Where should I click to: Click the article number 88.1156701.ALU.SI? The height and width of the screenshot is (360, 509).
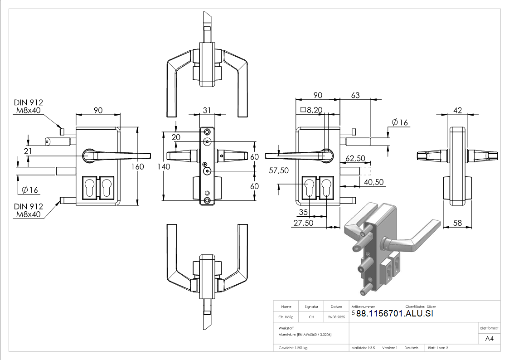[395, 314]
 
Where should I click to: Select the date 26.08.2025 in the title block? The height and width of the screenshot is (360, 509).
[336, 317]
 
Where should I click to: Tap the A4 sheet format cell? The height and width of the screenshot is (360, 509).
[489, 339]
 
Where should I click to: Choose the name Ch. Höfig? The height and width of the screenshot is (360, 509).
[286, 317]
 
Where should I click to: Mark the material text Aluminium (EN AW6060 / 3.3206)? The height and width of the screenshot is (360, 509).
[302, 334]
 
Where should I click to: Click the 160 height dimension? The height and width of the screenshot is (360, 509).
[138, 166]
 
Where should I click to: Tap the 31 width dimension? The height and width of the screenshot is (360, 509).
[207, 110]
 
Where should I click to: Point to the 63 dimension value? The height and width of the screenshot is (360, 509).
[355, 95]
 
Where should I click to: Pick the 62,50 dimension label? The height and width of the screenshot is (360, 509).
[356, 159]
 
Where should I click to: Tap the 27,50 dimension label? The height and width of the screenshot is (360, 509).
[303, 223]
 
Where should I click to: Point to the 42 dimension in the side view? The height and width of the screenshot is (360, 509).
[458, 110]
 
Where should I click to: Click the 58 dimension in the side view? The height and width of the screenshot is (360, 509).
[458, 223]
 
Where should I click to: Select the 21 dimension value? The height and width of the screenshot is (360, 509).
[28, 151]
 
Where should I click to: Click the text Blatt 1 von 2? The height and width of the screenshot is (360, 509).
[438, 348]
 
